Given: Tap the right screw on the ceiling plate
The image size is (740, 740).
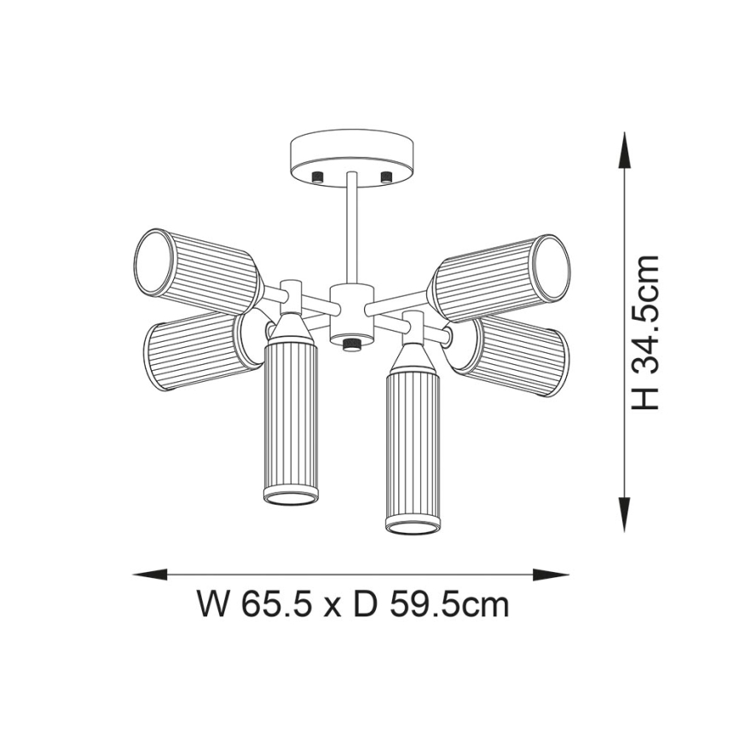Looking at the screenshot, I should (385, 176).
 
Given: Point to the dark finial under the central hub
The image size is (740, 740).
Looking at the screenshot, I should (351, 343).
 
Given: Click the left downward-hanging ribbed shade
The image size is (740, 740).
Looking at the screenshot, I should (291, 422).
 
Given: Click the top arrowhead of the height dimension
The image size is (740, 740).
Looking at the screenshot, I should (626, 148).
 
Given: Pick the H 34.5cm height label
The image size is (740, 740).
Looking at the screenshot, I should (646, 332).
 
